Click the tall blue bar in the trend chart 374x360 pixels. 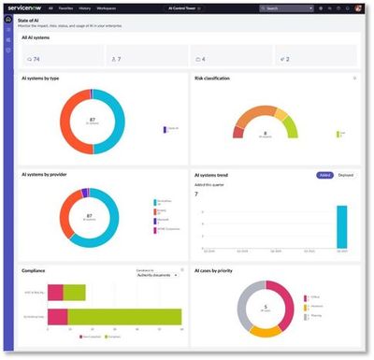pyautogui.click(x=342, y=227)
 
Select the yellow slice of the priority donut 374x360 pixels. pyautogui.click(x=266, y=330)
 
